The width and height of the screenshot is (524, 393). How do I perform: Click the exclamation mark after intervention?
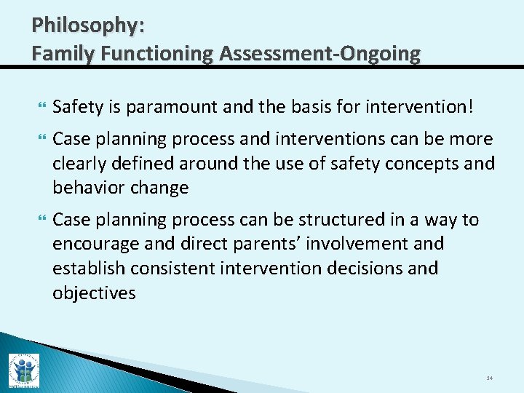(x=470, y=108)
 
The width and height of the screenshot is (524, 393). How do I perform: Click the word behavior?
(x=88, y=187)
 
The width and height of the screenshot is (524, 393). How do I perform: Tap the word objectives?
(x=94, y=293)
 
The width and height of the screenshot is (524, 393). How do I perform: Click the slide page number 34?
(x=489, y=378)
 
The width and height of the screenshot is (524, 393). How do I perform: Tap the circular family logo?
(x=23, y=370)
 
